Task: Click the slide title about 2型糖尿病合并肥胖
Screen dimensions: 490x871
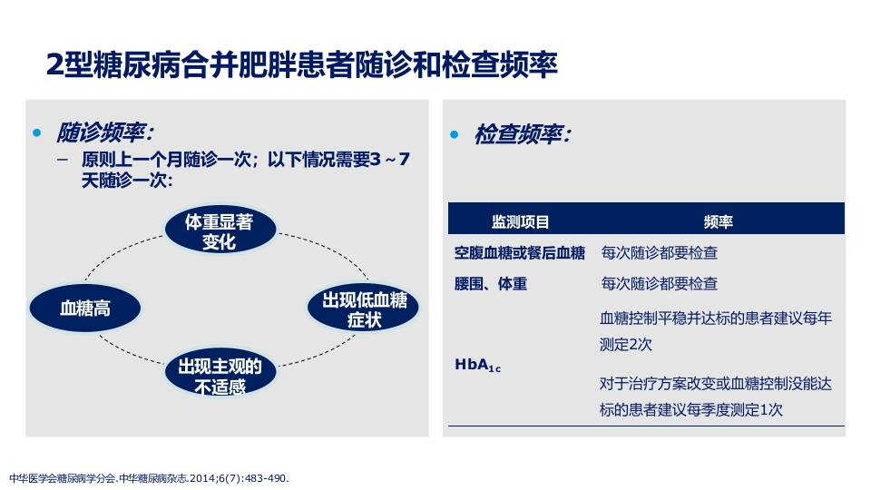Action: pyautogui.click(x=301, y=64)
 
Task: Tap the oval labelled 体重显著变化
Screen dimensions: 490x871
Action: pyautogui.click(x=219, y=231)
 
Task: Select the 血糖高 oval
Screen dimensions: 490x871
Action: pyautogui.click(x=84, y=308)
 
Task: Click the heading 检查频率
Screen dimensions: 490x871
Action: pyautogui.click(x=523, y=134)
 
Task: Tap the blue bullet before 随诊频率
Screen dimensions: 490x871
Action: pyautogui.click(x=37, y=134)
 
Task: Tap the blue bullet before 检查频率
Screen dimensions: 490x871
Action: pyautogui.click(x=455, y=135)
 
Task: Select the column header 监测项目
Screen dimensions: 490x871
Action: pyautogui.click(x=520, y=221)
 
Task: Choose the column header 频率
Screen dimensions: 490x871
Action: pyautogui.click(x=719, y=221)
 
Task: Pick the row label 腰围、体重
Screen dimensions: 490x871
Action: pyautogui.click(x=491, y=284)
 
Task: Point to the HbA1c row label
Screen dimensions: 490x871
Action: pyautogui.click(x=477, y=366)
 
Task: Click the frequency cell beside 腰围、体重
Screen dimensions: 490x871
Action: pyautogui.click(x=659, y=284)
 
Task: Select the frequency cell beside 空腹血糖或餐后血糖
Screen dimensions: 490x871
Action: pyautogui.click(x=659, y=253)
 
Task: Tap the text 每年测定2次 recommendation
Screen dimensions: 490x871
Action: pyautogui.click(x=715, y=331)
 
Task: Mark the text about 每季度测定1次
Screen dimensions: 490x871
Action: pyautogui.click(x=715, y=397)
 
